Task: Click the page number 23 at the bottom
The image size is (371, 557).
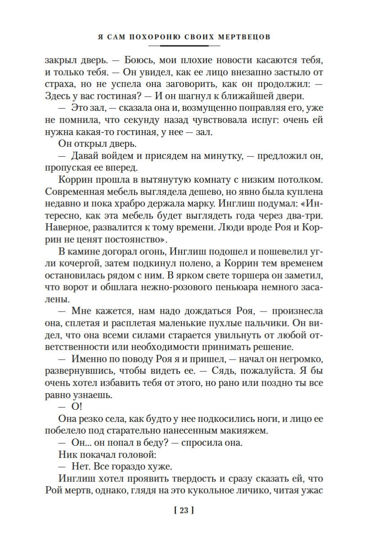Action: [x=185, y=510]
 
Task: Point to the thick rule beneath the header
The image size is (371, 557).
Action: [x=185, y=45]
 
